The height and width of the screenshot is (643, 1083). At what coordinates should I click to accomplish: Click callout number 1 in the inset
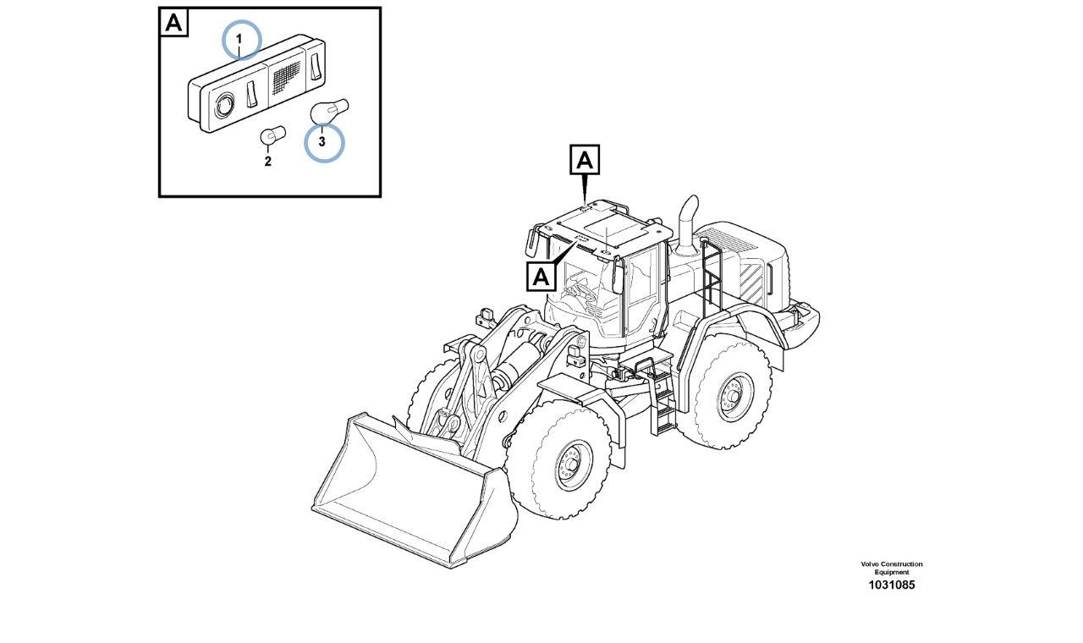pyautogui.click(x=239, y=39)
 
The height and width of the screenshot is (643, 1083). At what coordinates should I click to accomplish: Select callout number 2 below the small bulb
pyautogui.click(x=268, y=162)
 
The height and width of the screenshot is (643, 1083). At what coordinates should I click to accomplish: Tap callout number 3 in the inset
pyautogui.click(x=322, y=141)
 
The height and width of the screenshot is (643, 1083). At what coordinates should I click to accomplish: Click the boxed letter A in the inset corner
pyautogui.click(x=173, y=22)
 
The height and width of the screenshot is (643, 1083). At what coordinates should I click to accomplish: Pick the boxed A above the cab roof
pyautogui.click(x=585, y=160)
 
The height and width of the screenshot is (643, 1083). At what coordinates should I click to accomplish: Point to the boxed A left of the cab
pyautogui.click(x=541, y=277)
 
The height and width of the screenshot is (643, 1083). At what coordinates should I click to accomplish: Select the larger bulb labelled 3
pyautogui.click(x=329, y=111)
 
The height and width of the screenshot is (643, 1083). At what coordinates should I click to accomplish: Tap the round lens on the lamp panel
pyautogui.click(x=224, y=104)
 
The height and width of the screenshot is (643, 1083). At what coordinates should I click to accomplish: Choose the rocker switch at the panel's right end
pyautogui.click(x=316, y=66)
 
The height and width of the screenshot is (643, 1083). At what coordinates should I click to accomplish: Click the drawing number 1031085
pyautogui.click(x=892, y=585)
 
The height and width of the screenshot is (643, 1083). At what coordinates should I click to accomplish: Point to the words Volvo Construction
pyautogui.click(x=892, y=564)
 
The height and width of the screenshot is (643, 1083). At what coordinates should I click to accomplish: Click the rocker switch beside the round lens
pyautogui.click(x=251, y=94)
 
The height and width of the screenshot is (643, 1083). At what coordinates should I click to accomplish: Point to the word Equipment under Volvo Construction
pyautogui.click(x=892, y=573)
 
